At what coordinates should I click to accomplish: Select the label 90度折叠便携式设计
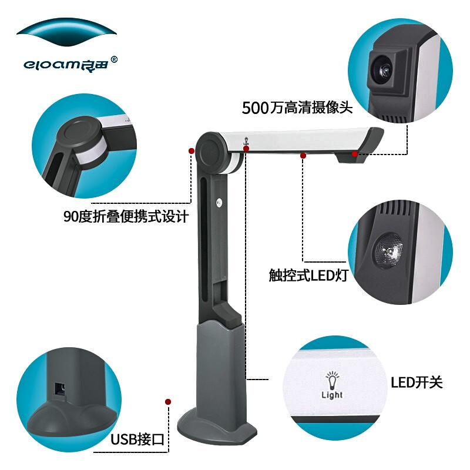(126, 216)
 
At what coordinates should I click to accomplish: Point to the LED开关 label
(416, 382)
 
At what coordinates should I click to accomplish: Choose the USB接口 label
(137, 439)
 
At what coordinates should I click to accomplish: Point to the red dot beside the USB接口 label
(168, 402)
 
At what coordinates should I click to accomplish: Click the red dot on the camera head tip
(355, 154)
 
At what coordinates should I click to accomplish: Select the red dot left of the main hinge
(192, 151)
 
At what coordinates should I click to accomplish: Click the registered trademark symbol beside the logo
(114, 59)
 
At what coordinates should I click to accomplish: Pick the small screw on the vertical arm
(219, 204)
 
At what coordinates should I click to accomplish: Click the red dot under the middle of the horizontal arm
(303, 155)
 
